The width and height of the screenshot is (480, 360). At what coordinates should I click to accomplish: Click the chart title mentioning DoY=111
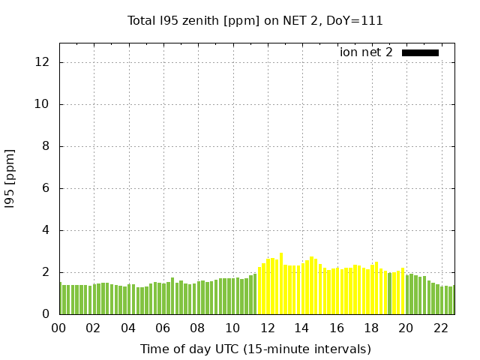click(255, 21)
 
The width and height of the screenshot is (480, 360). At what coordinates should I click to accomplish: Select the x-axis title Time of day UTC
click(255, 349)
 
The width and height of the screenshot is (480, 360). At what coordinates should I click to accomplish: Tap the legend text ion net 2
click(366, 52)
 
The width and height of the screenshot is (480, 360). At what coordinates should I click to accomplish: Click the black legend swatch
click(420, 52)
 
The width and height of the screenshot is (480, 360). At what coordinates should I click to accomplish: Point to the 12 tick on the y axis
click(42, 62)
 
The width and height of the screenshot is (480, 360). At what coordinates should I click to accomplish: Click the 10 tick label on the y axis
click(42, 104)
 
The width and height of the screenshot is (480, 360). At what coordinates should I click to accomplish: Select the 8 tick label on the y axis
click(45, 146)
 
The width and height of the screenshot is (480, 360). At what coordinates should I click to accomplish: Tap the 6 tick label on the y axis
click(45, 188)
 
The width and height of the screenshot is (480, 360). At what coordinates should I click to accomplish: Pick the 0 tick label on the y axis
click(45, 314)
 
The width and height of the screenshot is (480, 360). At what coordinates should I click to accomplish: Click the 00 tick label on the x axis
click(58, 328)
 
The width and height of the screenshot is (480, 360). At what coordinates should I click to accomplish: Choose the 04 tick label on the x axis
click(128, 328)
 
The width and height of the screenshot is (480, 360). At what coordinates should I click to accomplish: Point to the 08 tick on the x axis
click(197, 328)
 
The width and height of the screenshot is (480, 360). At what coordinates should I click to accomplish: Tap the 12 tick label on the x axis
click(267, 328)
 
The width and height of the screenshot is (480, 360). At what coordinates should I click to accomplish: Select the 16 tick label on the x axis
click(336, 328)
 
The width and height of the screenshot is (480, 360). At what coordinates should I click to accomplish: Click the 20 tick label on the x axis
click(406, 328)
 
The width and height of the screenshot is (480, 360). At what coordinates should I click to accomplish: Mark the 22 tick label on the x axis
click(440, 328)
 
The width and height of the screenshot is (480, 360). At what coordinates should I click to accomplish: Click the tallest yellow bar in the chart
click(281, 285)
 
